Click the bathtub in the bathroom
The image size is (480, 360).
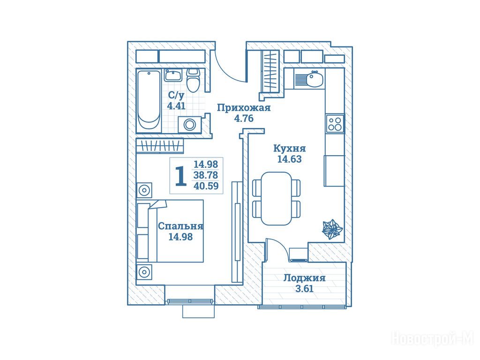(x=149, y=101)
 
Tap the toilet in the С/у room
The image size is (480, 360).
(x=193, y=80)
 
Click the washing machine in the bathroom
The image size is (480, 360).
(x=190, y=125)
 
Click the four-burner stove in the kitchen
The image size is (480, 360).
(x=335, y=123)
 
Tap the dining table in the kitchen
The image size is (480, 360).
(x=276, y=198)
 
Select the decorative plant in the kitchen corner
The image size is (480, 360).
(x=332, y=229)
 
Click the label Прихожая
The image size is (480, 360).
(x=244, y=108)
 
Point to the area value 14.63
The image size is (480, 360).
(x=289, y=159)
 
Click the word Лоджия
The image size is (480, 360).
(x=304, y=278)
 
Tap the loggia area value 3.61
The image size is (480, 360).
(x=304, y=289)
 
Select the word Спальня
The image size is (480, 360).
(x=180, y=226)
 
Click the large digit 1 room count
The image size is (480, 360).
(x=180, y=176)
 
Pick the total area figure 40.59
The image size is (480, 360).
(x=206, y=186)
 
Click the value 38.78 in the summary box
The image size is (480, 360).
(x=206, y=175)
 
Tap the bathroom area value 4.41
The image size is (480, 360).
(x=176, y=106)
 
